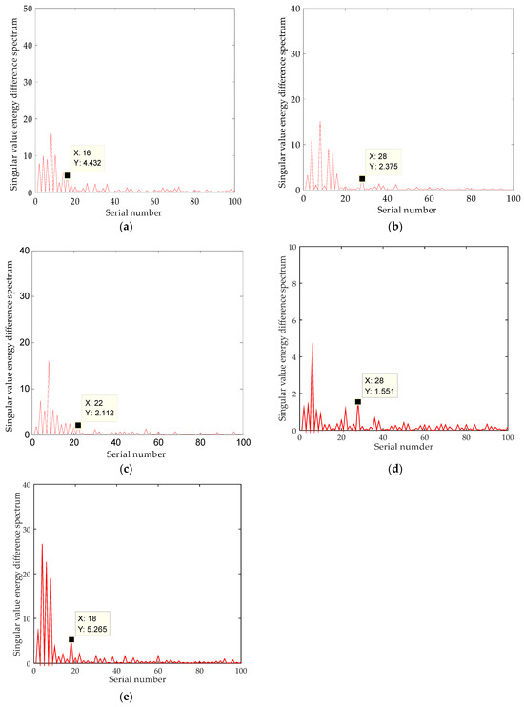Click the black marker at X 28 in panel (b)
coord(362,178)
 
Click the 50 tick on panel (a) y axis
coord(27,10)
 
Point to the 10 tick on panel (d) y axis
coord(291,247)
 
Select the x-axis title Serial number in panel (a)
coord(134,202)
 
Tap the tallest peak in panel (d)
coord(312,343)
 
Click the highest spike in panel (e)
coord(42,544)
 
